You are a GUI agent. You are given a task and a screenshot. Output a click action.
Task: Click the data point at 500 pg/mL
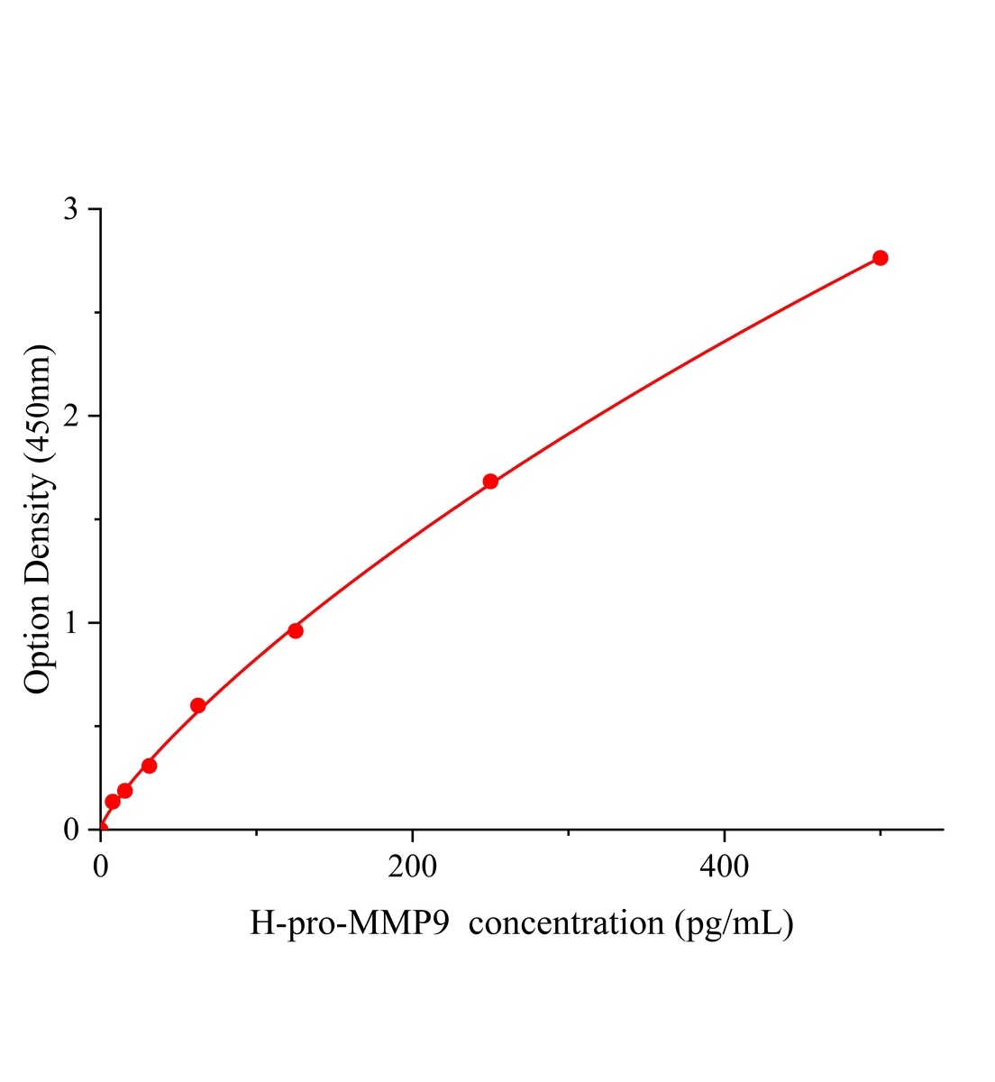880,258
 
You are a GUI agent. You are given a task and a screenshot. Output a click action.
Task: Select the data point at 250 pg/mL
490,481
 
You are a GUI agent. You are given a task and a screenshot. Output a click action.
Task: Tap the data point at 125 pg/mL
295,630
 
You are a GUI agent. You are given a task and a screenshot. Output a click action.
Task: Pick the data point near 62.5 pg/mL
198,705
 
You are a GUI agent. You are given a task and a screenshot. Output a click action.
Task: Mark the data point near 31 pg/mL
150,766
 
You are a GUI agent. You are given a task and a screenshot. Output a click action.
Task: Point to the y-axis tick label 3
71,209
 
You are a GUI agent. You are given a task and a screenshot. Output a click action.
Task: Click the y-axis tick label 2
71,416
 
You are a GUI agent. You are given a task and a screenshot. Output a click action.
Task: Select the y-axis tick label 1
71,622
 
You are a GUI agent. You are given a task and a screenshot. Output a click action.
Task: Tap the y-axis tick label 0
71,830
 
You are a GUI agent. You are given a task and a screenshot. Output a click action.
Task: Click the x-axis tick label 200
412,867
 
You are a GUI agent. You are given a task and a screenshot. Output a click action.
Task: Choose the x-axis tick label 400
724,867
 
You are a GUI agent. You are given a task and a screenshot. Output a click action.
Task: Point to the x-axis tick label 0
101,867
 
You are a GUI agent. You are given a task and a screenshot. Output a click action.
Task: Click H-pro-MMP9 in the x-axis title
350,923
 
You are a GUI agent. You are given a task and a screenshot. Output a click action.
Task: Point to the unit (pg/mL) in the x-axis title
733,923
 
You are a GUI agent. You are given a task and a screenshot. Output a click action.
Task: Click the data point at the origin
101,829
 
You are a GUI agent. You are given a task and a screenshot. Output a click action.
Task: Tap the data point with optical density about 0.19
125,791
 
